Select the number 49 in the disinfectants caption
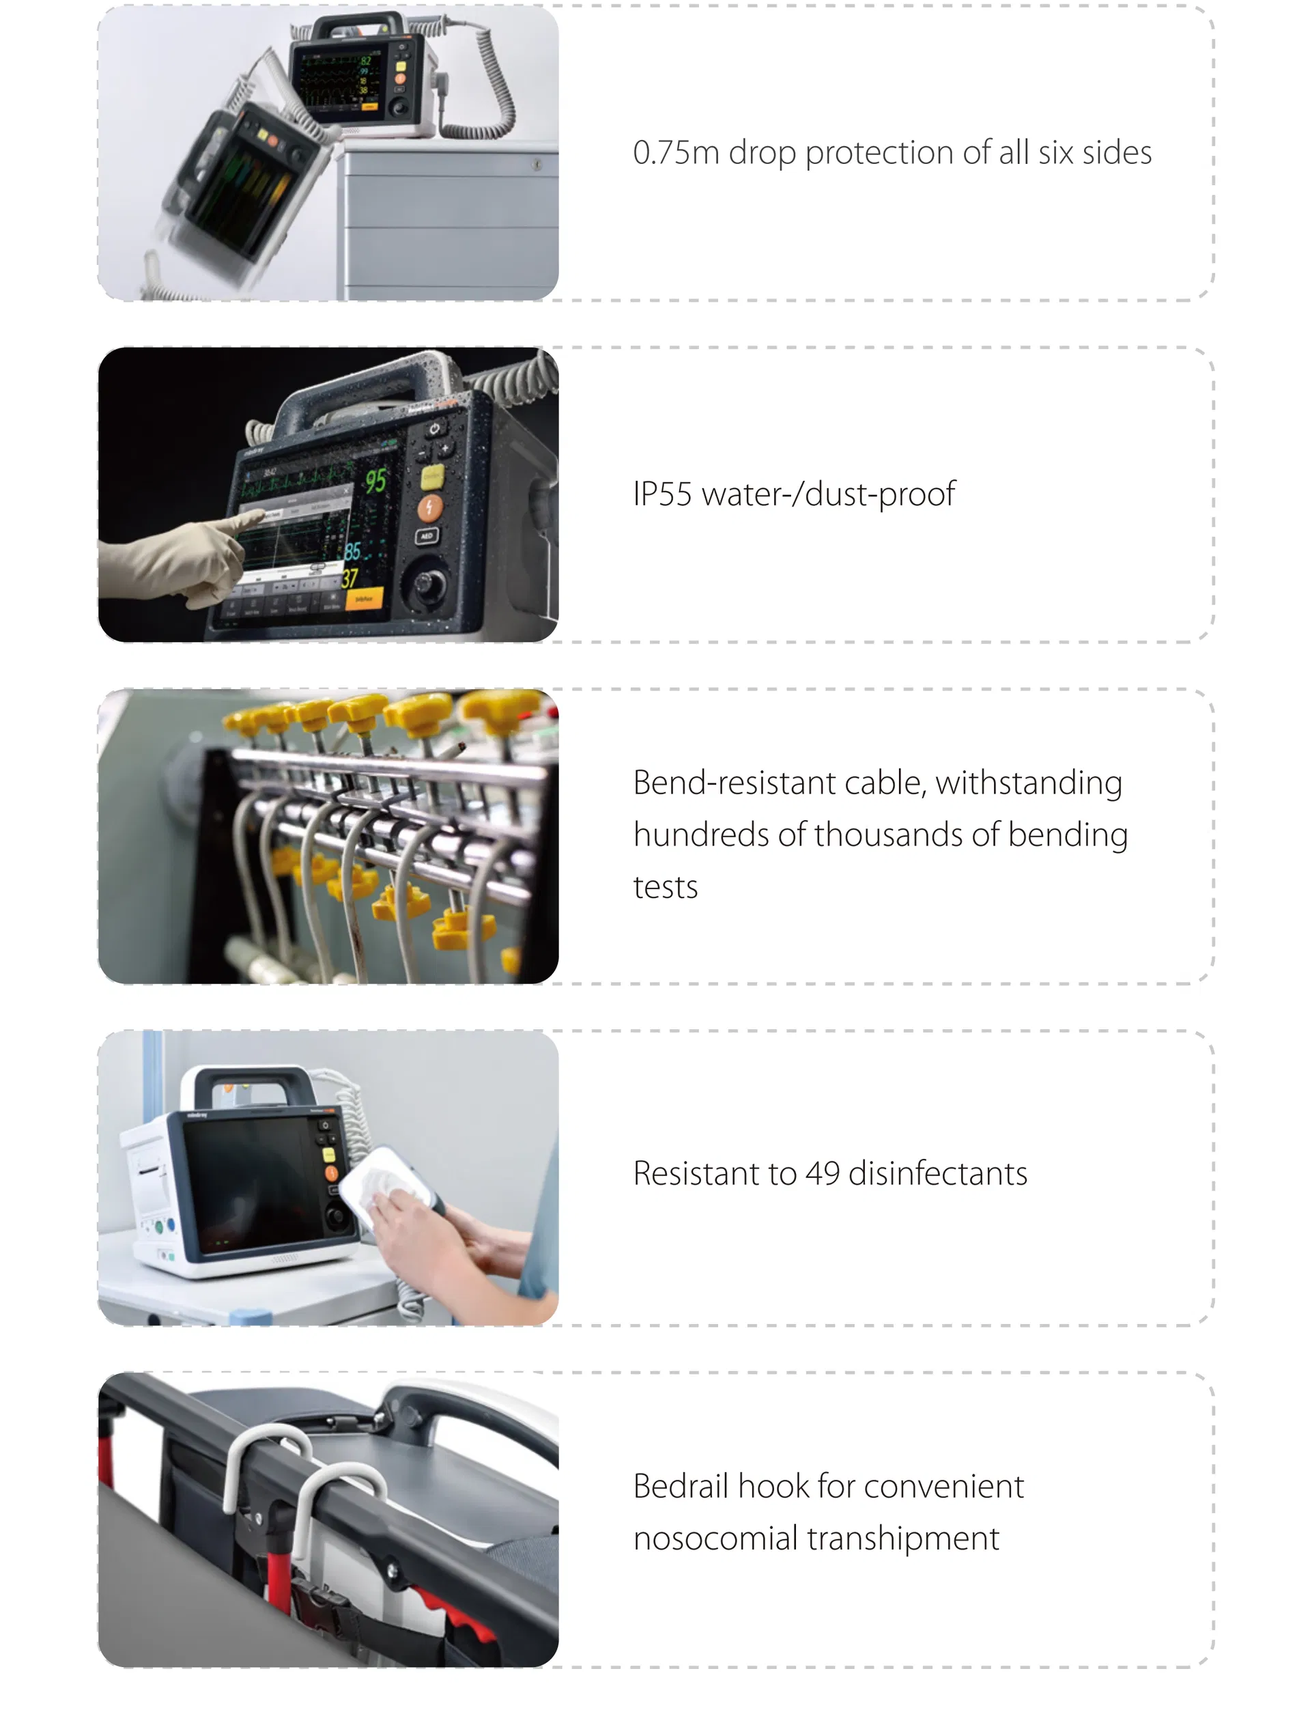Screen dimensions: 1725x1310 click(822, 1174)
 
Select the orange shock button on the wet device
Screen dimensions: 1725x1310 click(429, 507)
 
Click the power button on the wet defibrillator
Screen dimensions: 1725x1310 click(434, 428)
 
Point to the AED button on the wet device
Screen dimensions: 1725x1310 click(427, 537)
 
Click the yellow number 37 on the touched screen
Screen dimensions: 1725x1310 click(350, 578)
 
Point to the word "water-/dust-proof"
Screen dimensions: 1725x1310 click(828, 494)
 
